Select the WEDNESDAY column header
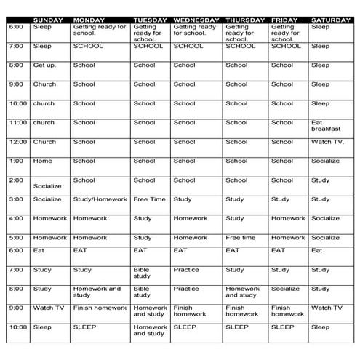pyautogui.click(x=196, y=20)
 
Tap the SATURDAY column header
pyautogui.click(x=331, y=20)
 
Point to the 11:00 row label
pyautogui.click(x=17, y=123)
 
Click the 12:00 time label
pyautogui.click(x=17, y=142)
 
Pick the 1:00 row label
pyautogui.click(x=16, y=161)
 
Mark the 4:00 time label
pyautogui.click(x=16, y=218)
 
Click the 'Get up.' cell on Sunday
pyautogui.click(x=44, y=65)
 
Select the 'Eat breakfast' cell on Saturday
pyautogui.click(x=327, y=126)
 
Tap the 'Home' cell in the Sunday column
pyautogui.click(x=42, y=161)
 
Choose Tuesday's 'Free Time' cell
pyautogui.click(x=150, y=199)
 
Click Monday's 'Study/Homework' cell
pyautogui.click(x=100, y=199)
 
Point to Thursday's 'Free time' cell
pyautogui.click(x=241, y=237)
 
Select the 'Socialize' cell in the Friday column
pyautogui.click(x=286, y=288)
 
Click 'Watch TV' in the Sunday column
pyautogui.click(x=48, y=308)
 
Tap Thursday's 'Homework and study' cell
pyautogui.click(x=242, y=292)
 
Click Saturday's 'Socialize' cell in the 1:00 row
pyautogui.click(x=326, y=161)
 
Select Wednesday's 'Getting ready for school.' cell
pyautogui.click(x=195, y=30)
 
